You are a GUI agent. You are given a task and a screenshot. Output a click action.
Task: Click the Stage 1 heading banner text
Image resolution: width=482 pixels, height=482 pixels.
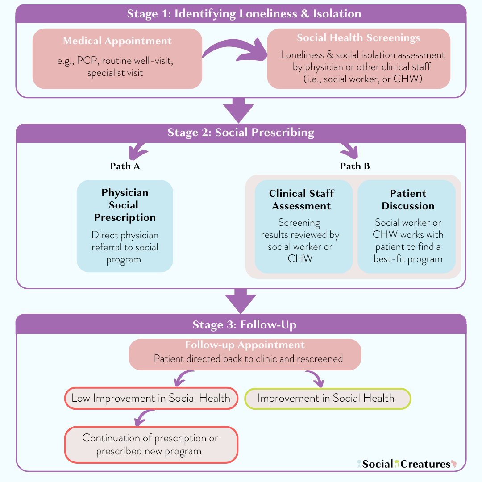(x=244, y=13)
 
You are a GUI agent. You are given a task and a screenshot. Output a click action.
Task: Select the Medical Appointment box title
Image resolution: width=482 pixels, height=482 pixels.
(x=117, y=41)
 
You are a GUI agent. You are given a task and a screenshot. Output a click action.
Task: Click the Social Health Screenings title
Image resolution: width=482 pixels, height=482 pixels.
(x=358, y=38)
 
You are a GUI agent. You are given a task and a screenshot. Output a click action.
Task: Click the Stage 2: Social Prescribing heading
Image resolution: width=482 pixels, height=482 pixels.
(x=241, y=133)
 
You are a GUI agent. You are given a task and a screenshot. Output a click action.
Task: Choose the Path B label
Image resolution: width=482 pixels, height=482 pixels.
(x=355, y=166)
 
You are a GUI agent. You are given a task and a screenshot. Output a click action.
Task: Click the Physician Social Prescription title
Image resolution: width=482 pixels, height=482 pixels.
(x=125, y=205)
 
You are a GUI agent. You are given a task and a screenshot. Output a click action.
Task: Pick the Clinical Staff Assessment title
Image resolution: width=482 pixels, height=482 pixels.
(x=301, y=199)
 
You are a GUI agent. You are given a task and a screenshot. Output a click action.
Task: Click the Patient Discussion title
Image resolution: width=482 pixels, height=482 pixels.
(x=408, y=199)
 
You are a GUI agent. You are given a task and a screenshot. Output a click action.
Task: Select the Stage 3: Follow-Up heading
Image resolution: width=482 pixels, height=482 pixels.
(x=244, y=324)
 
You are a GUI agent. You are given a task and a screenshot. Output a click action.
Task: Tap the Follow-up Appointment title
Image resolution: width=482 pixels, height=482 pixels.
(x=245, y=345)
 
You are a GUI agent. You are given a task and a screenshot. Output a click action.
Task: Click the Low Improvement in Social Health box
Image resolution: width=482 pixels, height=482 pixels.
(x=151, y=398)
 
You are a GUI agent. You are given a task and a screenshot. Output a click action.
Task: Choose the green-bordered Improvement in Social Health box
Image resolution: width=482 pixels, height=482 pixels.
(x=328, y=398)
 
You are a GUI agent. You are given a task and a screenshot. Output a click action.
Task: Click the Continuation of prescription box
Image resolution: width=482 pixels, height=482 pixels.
(x=151, y=445)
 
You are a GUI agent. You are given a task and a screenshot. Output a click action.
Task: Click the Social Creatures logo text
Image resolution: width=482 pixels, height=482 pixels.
(x=406, y=464)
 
